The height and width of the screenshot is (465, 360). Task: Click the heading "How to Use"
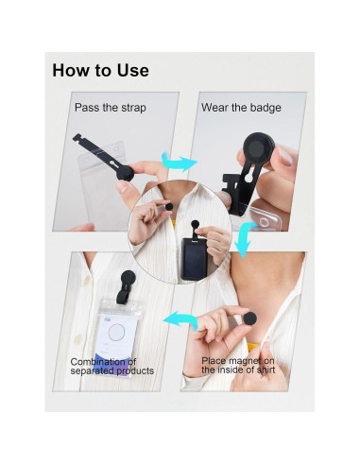coord(100,70)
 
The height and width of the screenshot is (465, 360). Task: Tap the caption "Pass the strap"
coord(111,108)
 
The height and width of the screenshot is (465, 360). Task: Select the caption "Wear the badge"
coord(241,108)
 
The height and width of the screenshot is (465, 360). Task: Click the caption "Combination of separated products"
coord(112,366)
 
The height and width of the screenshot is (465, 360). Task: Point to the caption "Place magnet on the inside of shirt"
coord(238,365)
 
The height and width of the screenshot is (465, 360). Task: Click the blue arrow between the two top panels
coord(179,162)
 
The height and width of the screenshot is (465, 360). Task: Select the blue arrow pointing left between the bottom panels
coord(180,320)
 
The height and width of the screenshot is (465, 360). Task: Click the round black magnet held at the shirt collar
coord(250,318)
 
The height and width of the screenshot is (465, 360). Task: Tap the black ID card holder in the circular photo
coord(194,259)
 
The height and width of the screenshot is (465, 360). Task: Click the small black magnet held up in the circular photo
coord(169,207)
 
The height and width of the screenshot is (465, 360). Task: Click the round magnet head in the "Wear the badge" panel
coord(259,148)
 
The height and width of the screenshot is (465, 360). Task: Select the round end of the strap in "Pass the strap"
coord(126,173)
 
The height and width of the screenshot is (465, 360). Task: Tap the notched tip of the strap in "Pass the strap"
coord(77,138)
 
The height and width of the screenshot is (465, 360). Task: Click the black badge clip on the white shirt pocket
coord(127,286)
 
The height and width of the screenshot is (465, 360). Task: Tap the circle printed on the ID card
coord(116,332)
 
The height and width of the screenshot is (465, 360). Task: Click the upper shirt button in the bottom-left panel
coord(86,280)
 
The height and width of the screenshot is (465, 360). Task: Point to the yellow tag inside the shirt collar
coord(253,347)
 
